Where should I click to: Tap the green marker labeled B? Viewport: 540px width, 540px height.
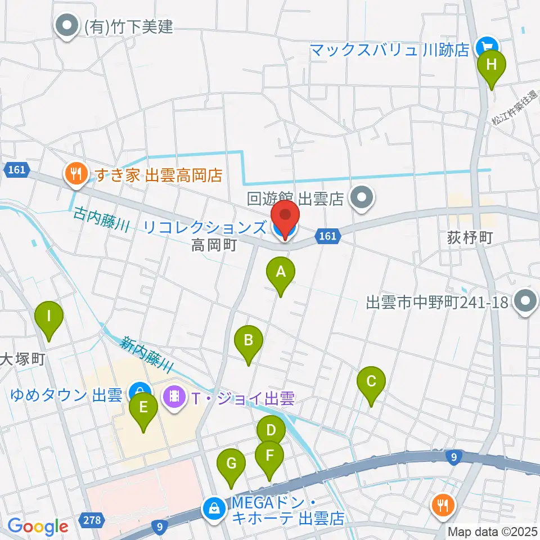coord(249,341)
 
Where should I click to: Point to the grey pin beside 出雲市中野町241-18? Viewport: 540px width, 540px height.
coord(525,302)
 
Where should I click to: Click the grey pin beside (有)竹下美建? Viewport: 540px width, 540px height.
coord(67,26)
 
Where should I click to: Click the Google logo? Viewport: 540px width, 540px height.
coord(38,526)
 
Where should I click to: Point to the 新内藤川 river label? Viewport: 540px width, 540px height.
coord(145,352)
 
